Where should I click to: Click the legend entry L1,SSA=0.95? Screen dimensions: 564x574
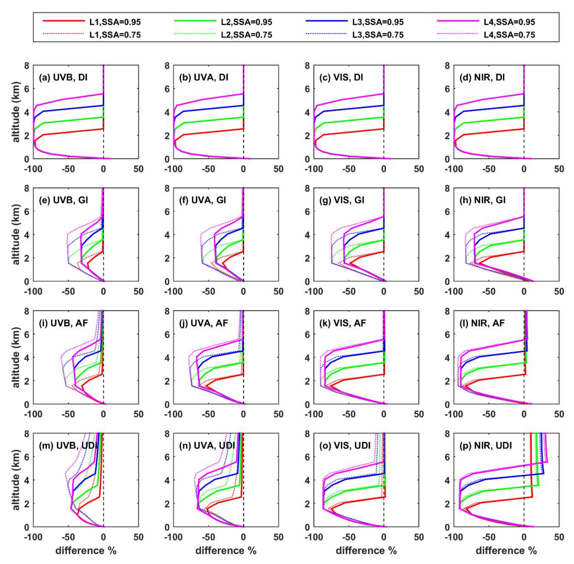[115, 22]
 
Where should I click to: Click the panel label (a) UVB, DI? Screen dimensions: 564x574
[63, 78]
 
